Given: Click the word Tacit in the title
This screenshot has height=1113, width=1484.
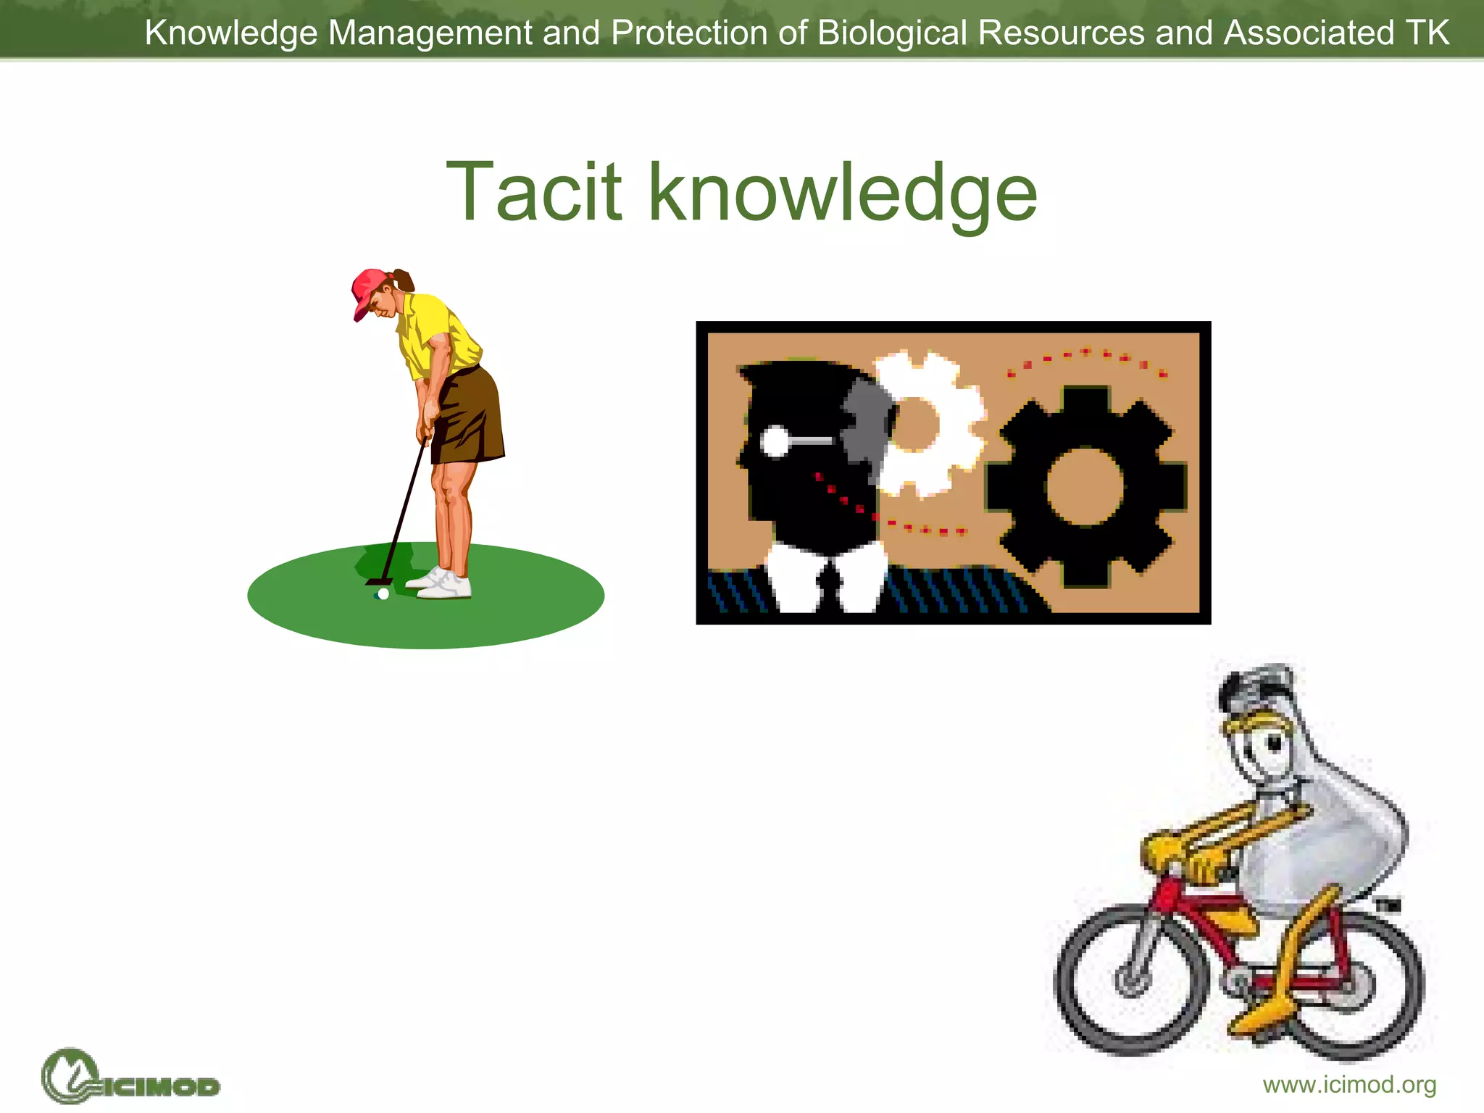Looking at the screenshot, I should coord(534,192).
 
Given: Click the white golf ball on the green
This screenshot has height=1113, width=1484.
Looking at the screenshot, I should coord(383,594).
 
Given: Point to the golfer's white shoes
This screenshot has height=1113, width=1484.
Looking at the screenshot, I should coord(443,584).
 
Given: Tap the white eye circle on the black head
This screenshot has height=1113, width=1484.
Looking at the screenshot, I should coord(775,441).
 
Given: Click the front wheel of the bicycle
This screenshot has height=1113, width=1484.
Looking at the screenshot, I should coord(1130,978).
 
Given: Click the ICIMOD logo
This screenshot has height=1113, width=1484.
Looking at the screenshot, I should coord(130,1077).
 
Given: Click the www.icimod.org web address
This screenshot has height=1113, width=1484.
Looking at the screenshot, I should coord(1349,1085).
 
